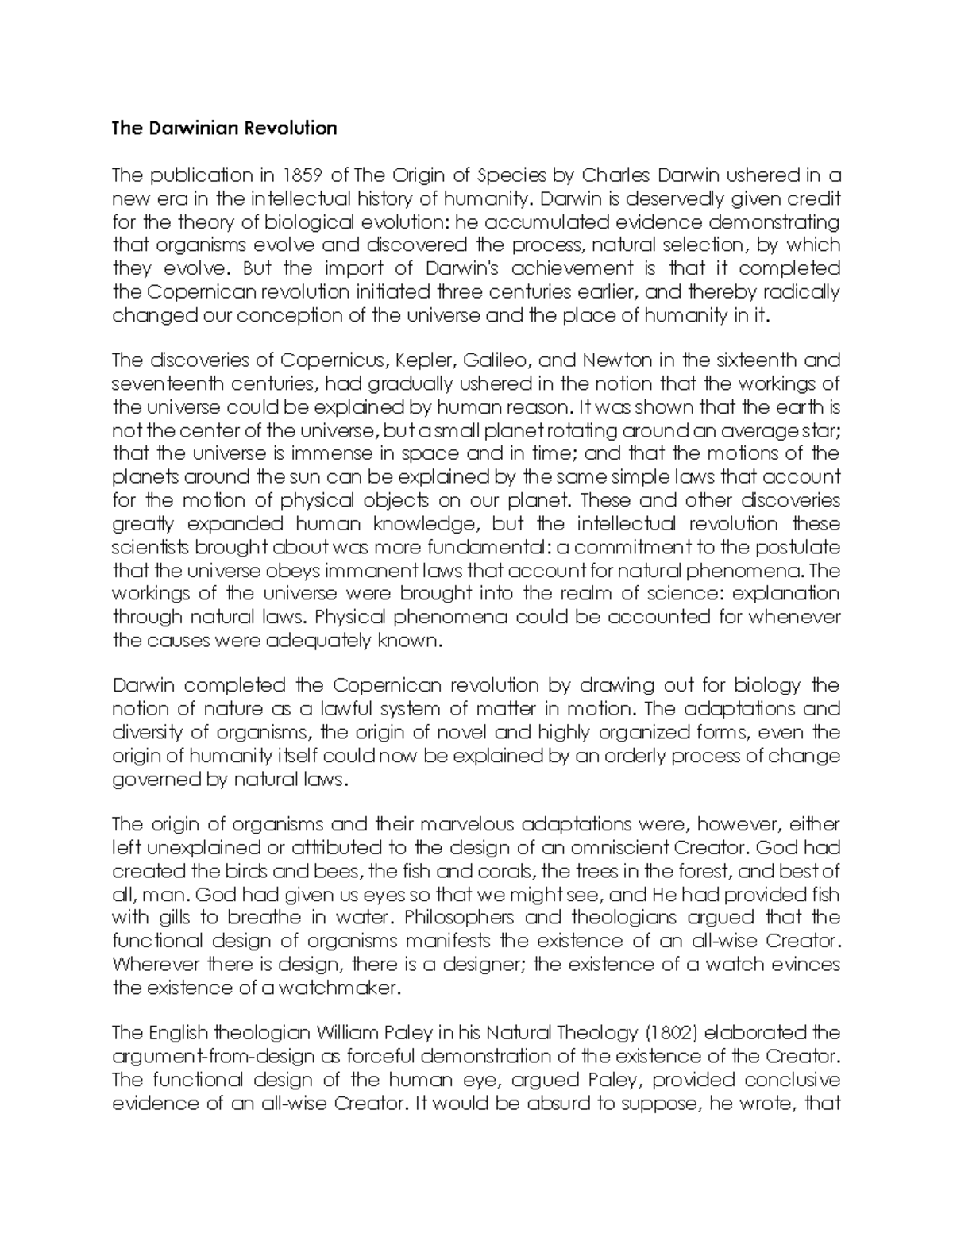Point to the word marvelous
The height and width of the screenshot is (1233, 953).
coord(469,824)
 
